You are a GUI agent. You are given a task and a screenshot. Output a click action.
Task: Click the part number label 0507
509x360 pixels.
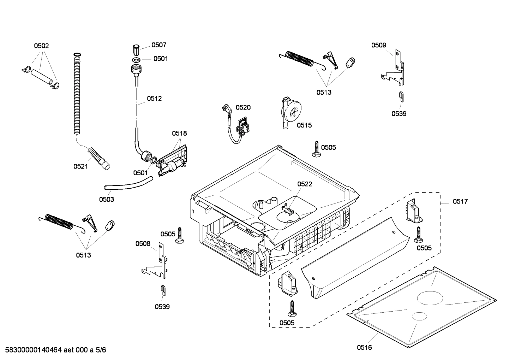pyautogui.click(x=159, y=45)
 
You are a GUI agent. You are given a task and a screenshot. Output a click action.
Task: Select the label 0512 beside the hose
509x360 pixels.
pyautogui.click(x=154, y=99)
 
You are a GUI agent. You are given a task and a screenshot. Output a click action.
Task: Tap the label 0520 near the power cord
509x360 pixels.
pyautogui.click(x=243, y=107)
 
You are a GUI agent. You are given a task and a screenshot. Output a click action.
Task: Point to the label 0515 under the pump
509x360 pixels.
pyautogui.click(x=304, y=125)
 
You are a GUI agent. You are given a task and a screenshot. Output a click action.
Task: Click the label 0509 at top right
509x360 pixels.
pyautogui.click(x=378, y=45)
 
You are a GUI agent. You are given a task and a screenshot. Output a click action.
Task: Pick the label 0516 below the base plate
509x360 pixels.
pyautogui.click(x=364, y=348)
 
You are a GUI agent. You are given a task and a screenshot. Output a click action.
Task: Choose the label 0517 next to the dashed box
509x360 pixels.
pyautogui.click(x=460, y=201)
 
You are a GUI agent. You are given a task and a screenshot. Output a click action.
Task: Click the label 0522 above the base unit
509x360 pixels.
pyautogui.click(x=304, y=184)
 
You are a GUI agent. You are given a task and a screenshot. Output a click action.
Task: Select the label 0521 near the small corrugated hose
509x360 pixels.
pyautogui.click(x=80, y=166)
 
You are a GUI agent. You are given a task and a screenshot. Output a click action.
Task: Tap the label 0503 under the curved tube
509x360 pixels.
pyautogui.click(x=106, y=199)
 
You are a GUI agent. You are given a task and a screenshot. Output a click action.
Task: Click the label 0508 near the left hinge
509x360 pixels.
pyautogui.click(x=143, y=243)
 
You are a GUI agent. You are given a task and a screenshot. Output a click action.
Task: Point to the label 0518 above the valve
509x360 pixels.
pyautogui.click(x=179, y=133)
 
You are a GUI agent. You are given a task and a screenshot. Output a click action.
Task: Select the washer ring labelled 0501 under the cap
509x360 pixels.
pyautogui.click(x=137, y=59)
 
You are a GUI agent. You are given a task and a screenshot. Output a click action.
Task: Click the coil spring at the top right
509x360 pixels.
pyautogui.click(x=299, y=58)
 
